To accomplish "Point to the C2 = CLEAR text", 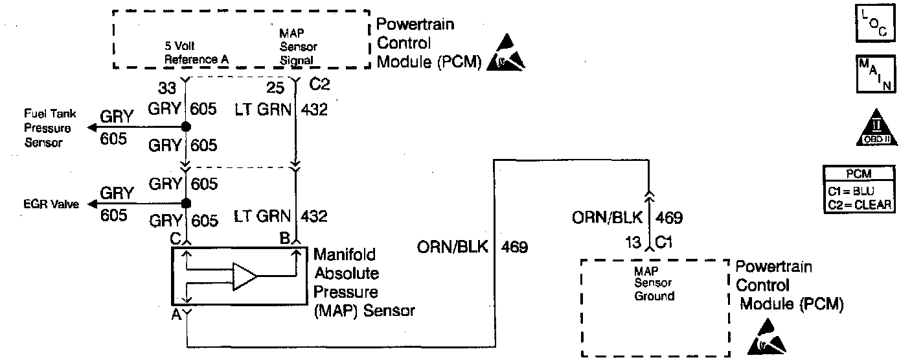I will [860, 204].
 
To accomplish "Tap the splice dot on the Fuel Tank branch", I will [186, 127].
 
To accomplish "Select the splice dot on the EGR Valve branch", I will [186, 203].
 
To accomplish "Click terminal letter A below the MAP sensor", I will [175, 317].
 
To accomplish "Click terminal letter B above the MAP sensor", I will [284, 237].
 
